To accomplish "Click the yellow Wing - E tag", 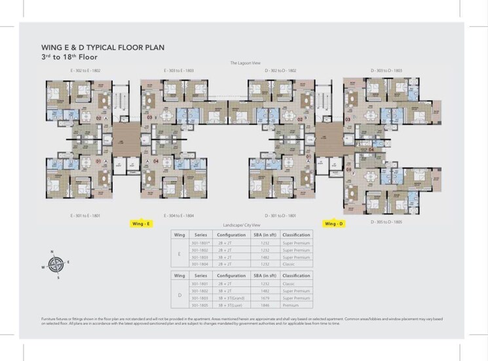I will [141, 224].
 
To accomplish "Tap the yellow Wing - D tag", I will [333, 224].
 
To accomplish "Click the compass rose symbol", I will [56, 264].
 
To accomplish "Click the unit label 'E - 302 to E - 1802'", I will [86, 70].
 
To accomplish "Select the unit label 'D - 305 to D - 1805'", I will [386, 222].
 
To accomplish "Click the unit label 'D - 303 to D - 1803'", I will [386, 70].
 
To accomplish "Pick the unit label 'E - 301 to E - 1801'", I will [85, 215].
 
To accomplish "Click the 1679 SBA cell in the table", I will [266, 298].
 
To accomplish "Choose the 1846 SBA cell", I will [266, 305].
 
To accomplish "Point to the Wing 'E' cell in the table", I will [179, 254].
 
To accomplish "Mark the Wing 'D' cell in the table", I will [179, 294].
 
